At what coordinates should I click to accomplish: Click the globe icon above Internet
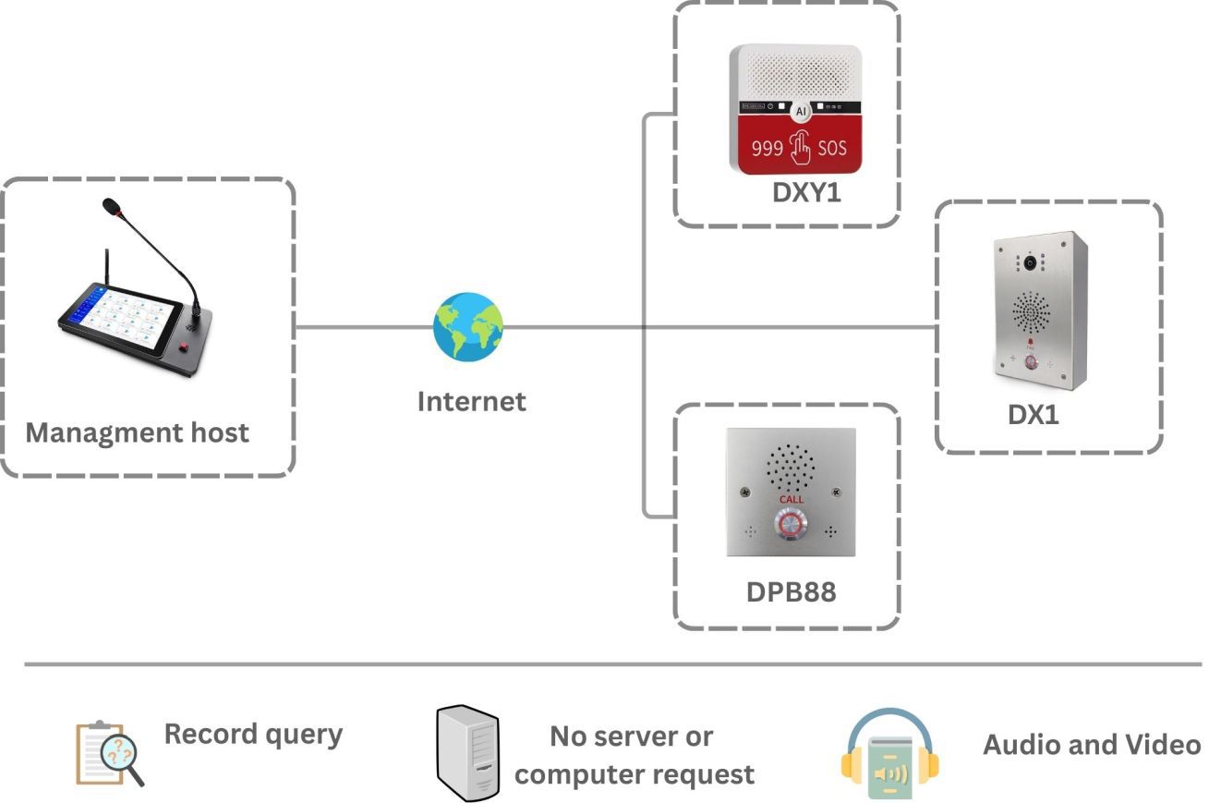coord(468,327)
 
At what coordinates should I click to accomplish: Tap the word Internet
coord(471,401)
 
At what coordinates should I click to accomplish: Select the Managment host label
coord(137,432)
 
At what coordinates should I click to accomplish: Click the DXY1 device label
coord(806,194)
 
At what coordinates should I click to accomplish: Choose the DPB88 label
coord(791,591)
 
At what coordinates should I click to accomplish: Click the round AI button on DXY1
coord(801,111)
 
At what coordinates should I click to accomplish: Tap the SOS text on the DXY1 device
coord(831,148)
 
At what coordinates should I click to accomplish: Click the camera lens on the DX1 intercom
coord(1029,263)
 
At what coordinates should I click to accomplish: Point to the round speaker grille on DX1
coord(1031,313)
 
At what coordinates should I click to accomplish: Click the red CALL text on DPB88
coord(792,500)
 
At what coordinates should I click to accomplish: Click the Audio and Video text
coord(1091,745)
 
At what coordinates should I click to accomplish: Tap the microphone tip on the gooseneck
coord(112,206)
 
